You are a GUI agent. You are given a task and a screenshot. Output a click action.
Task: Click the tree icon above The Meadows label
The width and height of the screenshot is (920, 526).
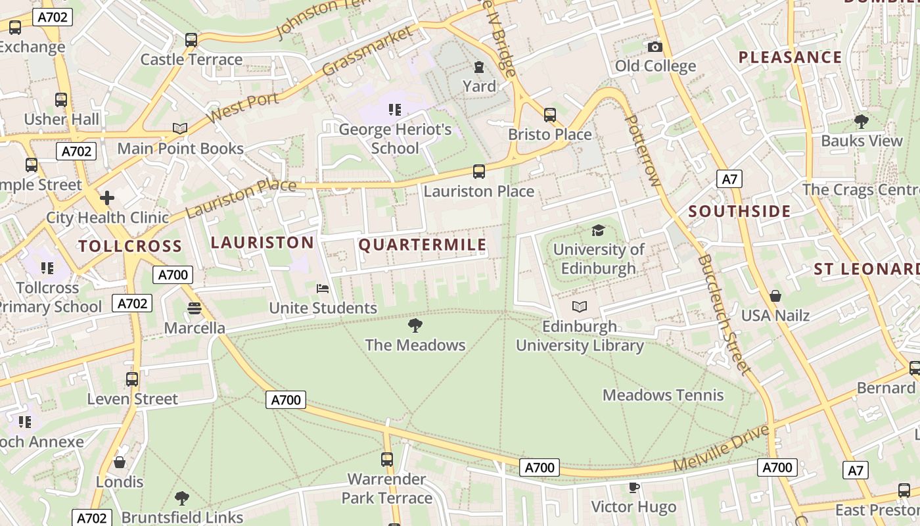pos(415,325)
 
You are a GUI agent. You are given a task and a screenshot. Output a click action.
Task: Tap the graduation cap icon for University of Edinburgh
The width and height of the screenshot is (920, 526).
pos(597,230)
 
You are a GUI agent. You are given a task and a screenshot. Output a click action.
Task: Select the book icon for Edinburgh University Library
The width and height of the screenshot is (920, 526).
pos(579,306)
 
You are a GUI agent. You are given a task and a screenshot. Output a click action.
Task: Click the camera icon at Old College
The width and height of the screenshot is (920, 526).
pos(655,47)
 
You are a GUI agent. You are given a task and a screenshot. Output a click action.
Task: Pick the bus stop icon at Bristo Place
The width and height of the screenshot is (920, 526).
pos(549,115)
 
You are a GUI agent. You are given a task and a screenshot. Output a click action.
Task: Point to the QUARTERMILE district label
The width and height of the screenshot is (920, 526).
pos(423,245)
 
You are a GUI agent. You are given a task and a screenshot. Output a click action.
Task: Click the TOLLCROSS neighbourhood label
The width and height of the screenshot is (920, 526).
pos(129,247)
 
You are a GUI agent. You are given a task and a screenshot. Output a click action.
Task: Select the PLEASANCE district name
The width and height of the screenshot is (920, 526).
pos(790,57)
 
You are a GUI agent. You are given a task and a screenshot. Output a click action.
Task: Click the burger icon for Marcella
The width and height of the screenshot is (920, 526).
pos(194,308)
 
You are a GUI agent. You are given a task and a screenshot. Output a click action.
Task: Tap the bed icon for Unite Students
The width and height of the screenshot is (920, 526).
pos(322,289)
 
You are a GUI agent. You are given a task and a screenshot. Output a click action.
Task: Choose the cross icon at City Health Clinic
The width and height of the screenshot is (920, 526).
pos(106,198)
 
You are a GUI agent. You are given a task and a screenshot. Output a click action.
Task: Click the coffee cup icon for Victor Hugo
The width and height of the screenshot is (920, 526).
pos(633,487)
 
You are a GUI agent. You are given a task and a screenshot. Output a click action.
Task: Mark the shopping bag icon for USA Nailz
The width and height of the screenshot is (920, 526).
pos(775,296)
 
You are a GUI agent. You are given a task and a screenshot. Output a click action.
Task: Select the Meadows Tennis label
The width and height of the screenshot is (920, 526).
pos(663,395)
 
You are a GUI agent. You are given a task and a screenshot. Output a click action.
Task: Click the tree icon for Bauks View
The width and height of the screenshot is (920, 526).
pos(861,122)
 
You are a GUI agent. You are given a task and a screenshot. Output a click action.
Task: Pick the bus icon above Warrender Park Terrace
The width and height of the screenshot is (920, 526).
pos(387,460)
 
